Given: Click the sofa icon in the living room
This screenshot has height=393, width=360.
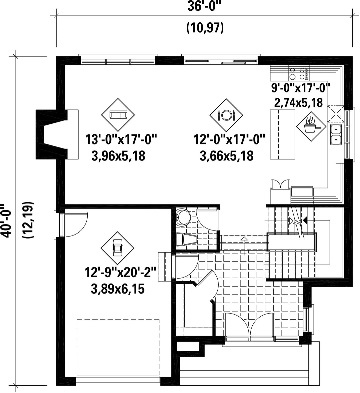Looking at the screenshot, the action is [x=118, y=115].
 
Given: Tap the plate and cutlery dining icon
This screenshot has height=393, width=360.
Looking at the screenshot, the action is [x=226, y=115].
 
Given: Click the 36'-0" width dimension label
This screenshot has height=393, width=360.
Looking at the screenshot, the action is [x=205, y=7].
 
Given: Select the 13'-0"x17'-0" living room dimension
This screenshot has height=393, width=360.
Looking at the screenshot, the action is [x=121, y=139].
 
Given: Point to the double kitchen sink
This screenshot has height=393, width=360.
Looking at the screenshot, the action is [x=336, y=134].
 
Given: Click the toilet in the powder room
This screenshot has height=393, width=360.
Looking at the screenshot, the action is [x=186, y=239].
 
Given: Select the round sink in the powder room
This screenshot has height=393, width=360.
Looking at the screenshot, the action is [x=182, y=217].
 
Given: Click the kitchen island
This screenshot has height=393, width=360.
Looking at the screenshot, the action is [x=283, y=134].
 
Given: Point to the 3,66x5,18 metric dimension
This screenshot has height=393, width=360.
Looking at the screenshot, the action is [x=227, y=156].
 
